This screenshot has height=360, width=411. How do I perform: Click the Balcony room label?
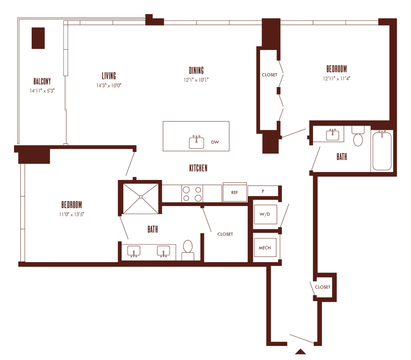point(42,80)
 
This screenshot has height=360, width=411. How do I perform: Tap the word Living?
point(109,75)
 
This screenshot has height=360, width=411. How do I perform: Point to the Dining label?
point(196,70)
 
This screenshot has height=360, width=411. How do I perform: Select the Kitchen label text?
point(198,168)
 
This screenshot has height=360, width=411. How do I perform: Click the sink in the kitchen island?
point(196,142)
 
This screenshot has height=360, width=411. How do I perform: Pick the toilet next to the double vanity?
point(187,250)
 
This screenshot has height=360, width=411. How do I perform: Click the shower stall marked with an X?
point(140,197)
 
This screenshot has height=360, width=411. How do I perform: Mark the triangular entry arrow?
point(301,352)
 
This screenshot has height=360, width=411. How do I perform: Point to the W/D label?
point(265,214)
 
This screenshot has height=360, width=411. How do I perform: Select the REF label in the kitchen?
point(235,192)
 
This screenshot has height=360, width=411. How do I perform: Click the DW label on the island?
point(216,142)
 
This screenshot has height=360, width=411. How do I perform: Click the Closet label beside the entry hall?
point(323,287)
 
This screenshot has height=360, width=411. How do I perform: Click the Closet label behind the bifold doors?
point(269,75)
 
